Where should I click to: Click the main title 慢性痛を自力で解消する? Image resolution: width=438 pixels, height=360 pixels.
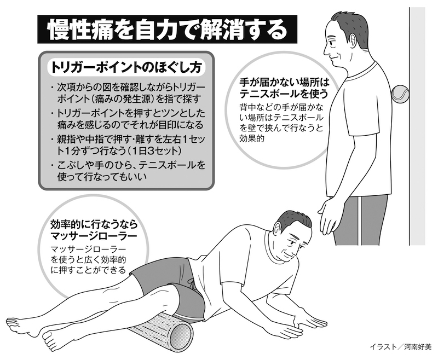(167, 30)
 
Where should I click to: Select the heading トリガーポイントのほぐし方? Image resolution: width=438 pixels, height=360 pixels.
(125, 67)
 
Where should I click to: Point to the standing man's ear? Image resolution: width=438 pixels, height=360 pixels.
(353, 42)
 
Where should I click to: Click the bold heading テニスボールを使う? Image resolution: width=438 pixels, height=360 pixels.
(284, 94)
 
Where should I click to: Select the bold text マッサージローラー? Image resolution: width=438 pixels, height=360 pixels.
(94, 236)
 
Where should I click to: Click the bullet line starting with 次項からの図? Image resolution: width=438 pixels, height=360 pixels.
(131, 88)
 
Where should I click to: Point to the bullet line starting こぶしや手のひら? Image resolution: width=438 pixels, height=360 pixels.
(131, 165)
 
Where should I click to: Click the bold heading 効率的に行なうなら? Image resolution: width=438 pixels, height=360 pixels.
(94, 224)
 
